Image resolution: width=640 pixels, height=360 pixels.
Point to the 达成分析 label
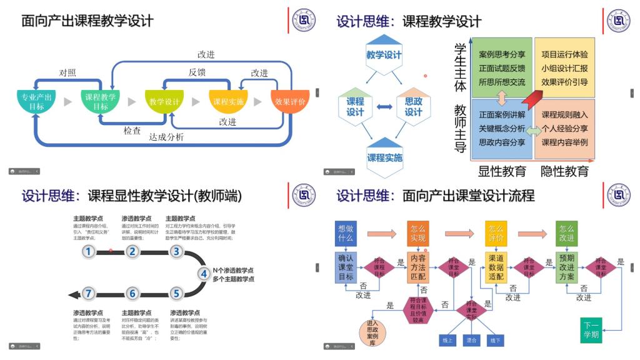pos(166,137)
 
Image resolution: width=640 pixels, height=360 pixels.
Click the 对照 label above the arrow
pos(67,73)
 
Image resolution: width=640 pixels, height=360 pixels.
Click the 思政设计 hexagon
pos(413,106)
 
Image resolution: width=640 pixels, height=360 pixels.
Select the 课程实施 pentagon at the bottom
pos(384,157)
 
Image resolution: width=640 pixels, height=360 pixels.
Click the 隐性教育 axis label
pos(564,171)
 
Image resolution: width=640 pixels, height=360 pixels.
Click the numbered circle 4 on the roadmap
pos(204,273)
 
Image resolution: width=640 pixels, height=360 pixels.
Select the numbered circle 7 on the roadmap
pos(89,294)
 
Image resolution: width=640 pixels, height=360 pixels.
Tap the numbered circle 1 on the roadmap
pos(89,252)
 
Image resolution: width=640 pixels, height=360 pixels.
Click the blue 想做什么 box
pos(346,233)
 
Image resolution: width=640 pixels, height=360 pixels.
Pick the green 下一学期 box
pos(591,329)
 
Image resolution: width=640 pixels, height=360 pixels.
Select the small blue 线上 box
pos(447,341)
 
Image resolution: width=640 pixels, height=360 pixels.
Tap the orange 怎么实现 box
pos(417,233)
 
